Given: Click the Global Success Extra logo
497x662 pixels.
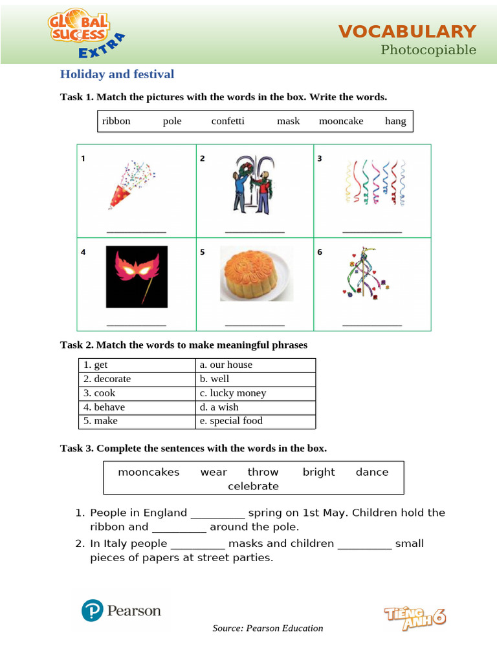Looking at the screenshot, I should point(85,35).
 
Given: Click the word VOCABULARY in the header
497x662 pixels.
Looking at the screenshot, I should point(407,32).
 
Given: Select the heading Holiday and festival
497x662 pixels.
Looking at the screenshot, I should point(117,74).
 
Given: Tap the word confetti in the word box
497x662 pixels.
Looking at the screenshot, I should point(228,121).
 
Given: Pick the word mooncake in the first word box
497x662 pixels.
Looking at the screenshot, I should point(341,121).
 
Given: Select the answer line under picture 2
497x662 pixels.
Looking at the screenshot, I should point(254,231).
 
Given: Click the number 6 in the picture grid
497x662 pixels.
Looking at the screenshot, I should point(320,252).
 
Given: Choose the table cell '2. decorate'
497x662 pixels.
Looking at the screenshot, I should point(137,379).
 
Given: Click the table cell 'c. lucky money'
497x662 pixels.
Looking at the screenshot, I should point(256,393).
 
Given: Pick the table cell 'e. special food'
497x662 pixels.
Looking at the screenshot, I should point(256,421).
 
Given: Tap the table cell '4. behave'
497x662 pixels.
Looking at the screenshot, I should point(137,407).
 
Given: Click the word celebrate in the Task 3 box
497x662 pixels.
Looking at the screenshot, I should point(253,486).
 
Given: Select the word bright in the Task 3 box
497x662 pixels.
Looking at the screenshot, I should point(319,472).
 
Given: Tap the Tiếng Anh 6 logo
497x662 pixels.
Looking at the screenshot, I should point(415,617).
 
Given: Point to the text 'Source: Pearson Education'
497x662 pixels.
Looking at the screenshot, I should point(268,628).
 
